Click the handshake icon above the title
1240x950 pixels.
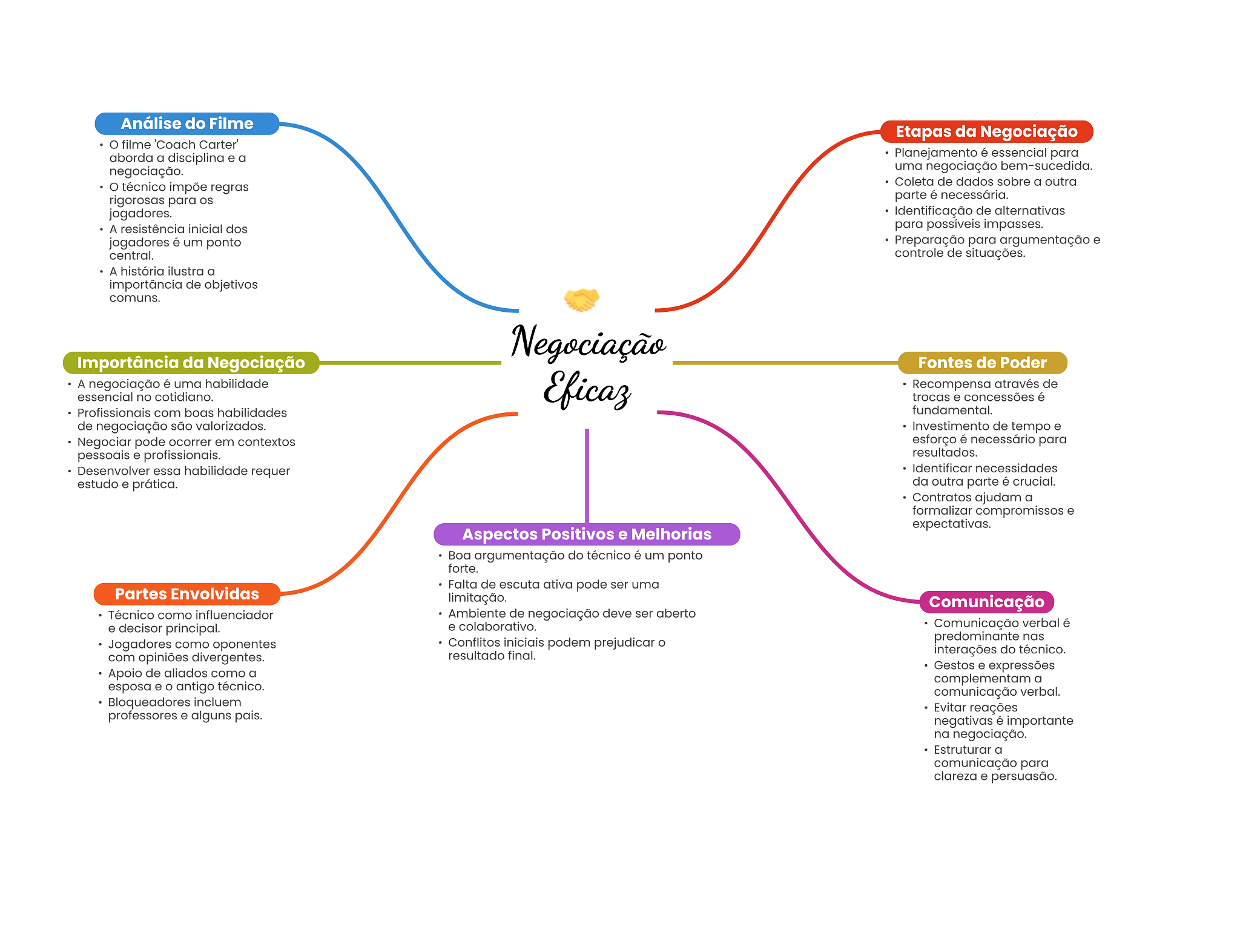581,299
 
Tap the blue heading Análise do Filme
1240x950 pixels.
186,124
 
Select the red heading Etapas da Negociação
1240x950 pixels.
986,131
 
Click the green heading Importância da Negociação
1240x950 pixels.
191,363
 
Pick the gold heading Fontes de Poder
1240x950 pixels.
982,363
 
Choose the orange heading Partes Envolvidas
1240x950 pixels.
186,594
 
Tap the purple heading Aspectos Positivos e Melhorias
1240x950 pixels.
587,534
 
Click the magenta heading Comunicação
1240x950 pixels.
986,602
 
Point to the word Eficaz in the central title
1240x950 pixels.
587,389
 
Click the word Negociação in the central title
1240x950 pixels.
588,342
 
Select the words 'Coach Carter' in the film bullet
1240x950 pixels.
197,145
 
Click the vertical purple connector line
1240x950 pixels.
587,475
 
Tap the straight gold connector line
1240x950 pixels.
785,363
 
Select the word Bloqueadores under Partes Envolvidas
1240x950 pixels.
144,702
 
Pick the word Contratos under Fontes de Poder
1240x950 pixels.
940,498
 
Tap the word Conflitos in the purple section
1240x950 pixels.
472,642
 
